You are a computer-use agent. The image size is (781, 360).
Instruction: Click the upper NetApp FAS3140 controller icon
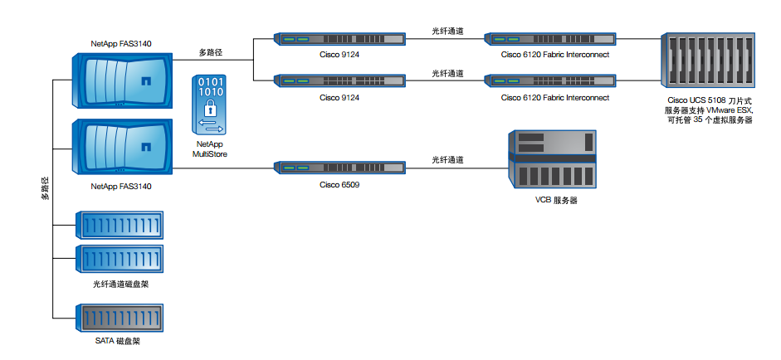click(123, 80)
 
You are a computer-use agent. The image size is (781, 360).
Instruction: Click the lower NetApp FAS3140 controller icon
click(123, 146)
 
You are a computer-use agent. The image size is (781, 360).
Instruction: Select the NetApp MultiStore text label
click(211, 148)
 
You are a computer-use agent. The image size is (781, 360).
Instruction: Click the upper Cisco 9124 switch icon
click(339, 38)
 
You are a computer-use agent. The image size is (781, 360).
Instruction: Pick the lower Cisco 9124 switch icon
click(339, 80)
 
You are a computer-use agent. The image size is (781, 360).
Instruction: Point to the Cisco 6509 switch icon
click(339, 167)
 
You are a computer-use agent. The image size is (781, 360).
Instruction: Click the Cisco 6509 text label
click(339, 184)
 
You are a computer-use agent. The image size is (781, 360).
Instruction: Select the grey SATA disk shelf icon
click(120, 318)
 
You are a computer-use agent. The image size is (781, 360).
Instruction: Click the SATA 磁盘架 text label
click(121, 341)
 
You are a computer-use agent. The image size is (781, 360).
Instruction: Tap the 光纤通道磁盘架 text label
click(121, 284)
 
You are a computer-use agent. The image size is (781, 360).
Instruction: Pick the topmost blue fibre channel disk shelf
click(120, 225)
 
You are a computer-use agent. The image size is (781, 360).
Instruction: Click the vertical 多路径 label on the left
click(46, 187)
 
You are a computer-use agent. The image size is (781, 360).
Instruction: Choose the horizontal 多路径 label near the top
click(211, 52)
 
